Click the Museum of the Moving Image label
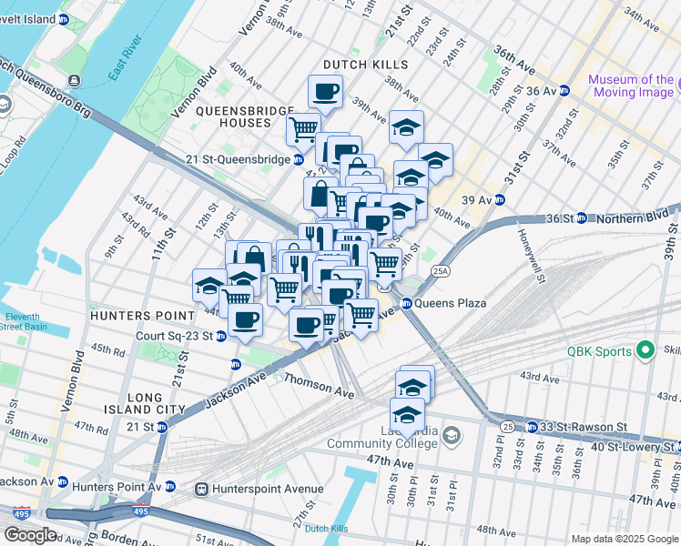click(631, 86)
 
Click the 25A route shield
click(441, 270)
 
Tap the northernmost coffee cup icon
click(325, 91)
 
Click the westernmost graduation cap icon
click(209, 285)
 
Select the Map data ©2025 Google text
click(625, 539)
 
